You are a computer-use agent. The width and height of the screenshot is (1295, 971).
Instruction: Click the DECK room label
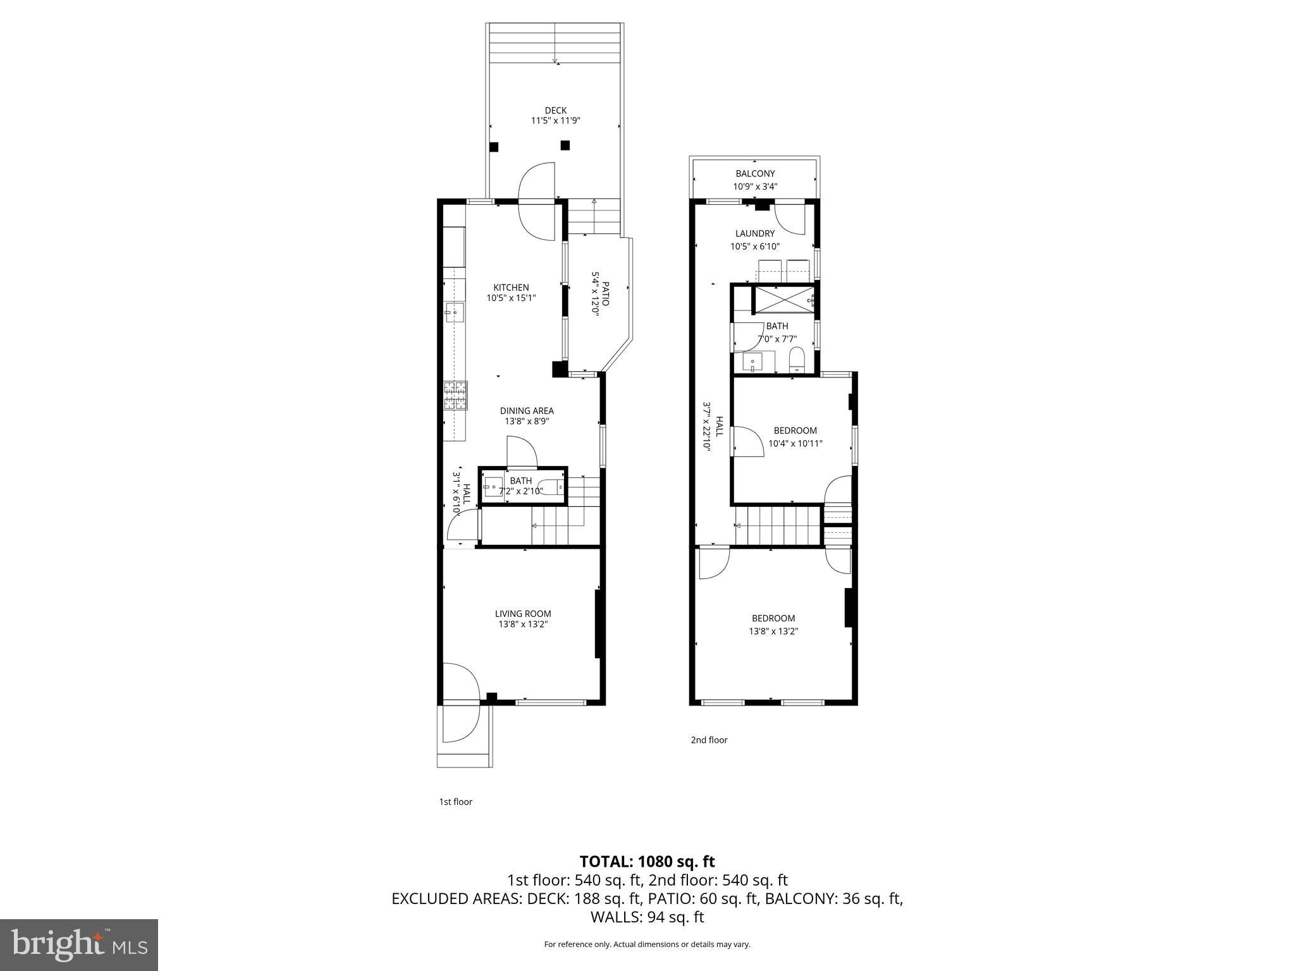tap(555, 111)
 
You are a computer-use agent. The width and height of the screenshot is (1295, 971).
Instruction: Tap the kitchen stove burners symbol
tap(455, 396)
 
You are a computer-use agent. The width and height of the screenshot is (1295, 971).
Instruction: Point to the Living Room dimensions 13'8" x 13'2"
tap(522, 625)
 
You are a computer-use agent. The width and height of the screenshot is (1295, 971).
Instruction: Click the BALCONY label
tap(754, 174)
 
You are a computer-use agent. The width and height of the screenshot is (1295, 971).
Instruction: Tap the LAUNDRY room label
tap(754, 233)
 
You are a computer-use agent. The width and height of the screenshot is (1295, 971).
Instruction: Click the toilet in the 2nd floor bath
tap(797, 360)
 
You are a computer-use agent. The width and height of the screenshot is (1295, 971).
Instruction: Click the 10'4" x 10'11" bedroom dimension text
tap(795, 444)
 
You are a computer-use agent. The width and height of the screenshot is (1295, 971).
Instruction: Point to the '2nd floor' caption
tap(709, 740)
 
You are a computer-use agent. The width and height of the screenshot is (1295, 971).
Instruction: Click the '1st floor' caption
tap(455, 802)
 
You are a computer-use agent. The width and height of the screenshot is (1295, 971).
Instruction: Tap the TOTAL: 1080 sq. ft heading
tap(647, 861)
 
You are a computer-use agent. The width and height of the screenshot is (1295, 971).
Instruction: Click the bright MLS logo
tap(79, 944)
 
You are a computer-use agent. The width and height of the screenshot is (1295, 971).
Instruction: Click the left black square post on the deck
tap(494, 147)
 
